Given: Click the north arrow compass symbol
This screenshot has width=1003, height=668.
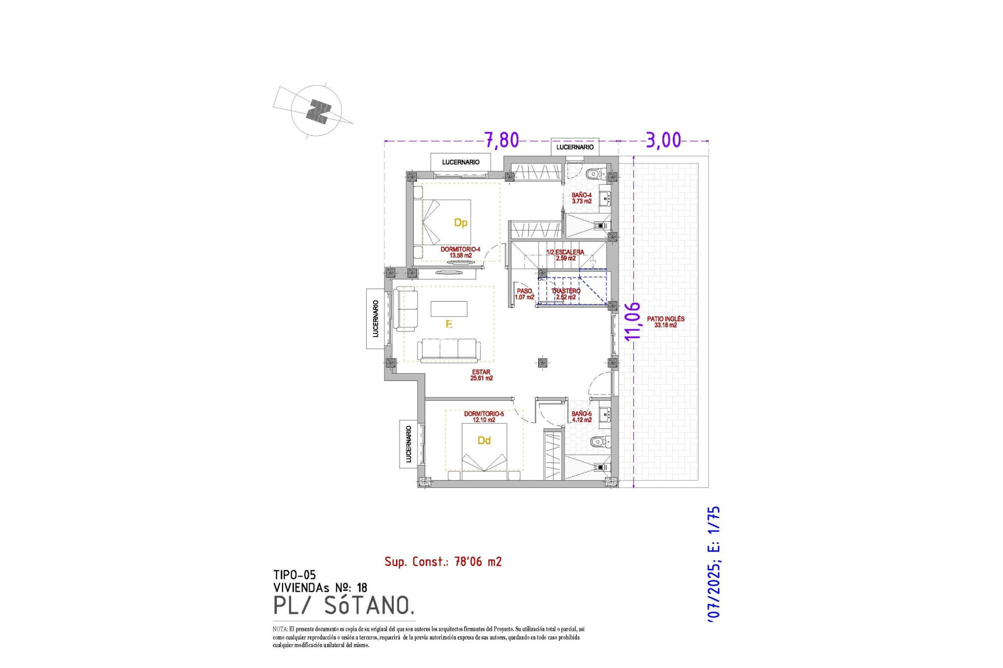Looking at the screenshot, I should (317, 111).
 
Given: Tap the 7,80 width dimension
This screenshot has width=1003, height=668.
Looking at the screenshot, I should (501, 140).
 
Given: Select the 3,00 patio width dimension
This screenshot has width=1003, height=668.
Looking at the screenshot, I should (663, 140).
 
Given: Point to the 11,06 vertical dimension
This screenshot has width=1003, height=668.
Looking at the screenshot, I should (633, 321).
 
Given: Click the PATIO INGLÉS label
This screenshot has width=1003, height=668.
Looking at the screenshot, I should (666, 321).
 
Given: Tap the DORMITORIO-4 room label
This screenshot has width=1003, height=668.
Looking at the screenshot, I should (460, 252).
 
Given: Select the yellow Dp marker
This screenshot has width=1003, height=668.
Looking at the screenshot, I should (460, 223).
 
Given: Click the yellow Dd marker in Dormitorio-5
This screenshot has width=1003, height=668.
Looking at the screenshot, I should (484, 440).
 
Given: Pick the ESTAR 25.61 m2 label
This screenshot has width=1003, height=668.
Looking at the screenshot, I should (481, 375).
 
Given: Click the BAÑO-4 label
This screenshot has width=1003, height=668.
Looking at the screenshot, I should (581, 198).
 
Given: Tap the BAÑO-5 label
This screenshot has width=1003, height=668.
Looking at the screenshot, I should (581, 416).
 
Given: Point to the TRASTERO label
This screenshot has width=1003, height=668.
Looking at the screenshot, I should (566, 294).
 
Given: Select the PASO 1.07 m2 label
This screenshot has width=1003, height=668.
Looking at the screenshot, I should (524, 294).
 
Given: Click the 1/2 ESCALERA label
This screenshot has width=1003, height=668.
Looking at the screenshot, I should (565, 255).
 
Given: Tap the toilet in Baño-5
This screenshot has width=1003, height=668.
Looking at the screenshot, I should (599, 442).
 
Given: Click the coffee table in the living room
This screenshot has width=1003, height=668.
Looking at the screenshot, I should (449, 309).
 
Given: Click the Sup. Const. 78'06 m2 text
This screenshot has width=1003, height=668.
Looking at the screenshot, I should (443, 562).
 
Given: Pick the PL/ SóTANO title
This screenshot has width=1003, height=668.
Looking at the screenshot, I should (344, 605).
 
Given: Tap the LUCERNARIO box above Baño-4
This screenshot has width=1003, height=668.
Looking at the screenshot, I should (575, 147).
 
